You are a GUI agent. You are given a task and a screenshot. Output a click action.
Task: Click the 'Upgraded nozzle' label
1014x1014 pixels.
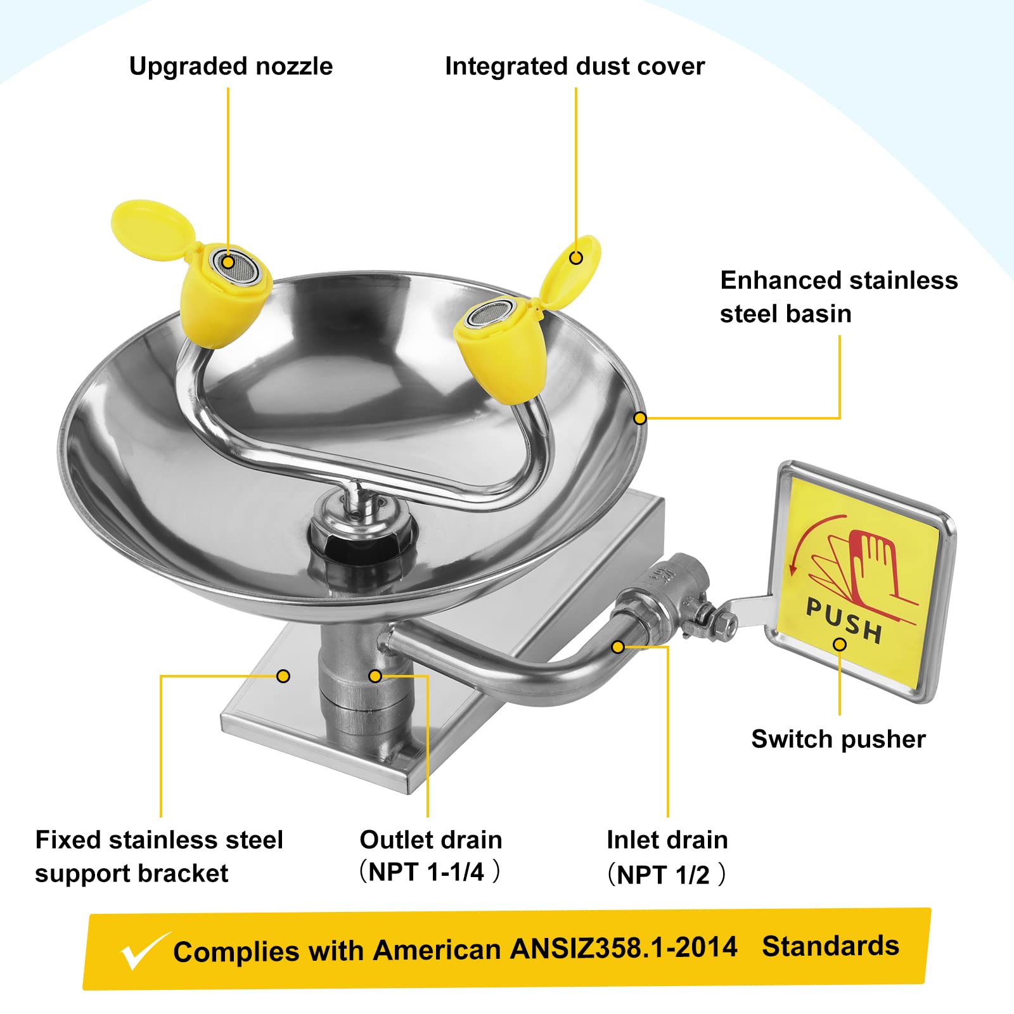[x=231, y=67]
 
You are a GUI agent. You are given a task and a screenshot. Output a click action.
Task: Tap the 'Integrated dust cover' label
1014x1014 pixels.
[x=575, y=66]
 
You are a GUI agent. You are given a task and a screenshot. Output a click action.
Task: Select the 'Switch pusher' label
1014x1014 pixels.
[x=838, y=740]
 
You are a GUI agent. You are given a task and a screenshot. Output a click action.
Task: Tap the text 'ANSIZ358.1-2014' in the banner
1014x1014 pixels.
[x=624, y=947]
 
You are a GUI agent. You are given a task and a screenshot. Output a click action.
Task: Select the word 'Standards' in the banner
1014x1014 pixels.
[x=830, y=946]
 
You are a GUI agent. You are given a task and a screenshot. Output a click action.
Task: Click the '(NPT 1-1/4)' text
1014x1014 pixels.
[x=430, y=872]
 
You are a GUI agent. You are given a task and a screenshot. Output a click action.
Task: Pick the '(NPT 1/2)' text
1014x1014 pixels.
[x=666, y=875]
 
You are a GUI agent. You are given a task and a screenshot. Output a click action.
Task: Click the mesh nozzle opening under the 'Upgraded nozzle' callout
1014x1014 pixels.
[x=236, y=264]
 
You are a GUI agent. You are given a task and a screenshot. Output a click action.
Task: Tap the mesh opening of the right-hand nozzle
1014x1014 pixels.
[x=490, y=314]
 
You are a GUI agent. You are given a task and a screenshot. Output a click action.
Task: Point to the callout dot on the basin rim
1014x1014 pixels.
[x=640, y=418]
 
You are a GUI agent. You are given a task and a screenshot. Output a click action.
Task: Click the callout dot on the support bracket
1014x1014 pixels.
[x=283, y=676]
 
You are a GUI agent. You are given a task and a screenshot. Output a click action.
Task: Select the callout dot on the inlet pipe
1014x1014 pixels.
[x=619, y=646]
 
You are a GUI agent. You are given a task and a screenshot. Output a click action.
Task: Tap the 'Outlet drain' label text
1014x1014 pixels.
[x=431, y=840]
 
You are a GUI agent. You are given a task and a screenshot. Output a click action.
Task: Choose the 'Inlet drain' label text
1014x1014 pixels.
[x=667, y=840]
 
